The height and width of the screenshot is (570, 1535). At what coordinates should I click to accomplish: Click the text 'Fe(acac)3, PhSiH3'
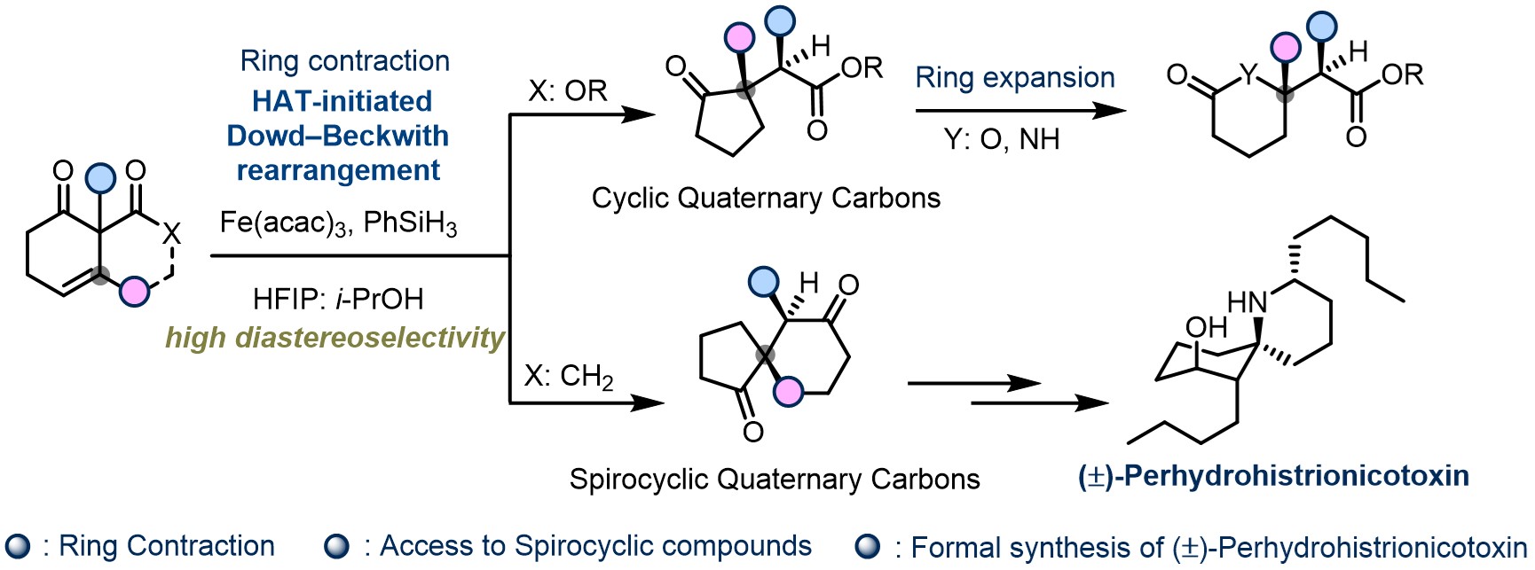(338, 223)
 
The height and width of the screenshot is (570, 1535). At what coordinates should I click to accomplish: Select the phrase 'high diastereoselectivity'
(335, 338)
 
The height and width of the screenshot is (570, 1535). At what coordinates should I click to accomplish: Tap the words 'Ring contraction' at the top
(344, 61)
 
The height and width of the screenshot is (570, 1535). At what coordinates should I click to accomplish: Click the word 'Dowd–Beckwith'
(338, 136)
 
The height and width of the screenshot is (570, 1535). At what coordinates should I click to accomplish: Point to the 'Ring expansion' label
(1015, 78)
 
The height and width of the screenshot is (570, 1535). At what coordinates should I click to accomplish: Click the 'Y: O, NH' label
(1002, 139)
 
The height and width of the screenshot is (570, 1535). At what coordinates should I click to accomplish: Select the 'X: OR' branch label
(568, 90)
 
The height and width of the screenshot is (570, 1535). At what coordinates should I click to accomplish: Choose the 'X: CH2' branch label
(569, 376)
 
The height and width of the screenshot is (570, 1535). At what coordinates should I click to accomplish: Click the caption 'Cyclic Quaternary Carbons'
(766, 198)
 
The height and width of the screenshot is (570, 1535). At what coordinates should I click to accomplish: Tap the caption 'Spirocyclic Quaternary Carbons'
(775, 480)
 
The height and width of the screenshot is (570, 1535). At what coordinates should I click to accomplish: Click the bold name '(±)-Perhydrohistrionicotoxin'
(1273, 476)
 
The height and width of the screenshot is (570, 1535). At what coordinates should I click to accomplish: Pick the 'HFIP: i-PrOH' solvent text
(338, 299)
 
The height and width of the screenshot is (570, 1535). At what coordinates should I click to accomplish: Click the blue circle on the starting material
(100, 178)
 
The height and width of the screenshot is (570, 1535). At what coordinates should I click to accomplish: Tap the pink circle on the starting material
(134, 291)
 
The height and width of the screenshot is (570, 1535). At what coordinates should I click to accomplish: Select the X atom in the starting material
(171, 233)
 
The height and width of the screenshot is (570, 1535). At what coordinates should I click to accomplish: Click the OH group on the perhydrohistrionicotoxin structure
(1206, 328)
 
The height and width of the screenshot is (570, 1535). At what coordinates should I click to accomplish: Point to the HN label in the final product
(1247, 303)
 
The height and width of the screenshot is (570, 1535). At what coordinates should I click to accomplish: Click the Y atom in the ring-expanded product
(1248, 75)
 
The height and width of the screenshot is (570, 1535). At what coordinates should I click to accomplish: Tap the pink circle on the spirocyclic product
(788, 391)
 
